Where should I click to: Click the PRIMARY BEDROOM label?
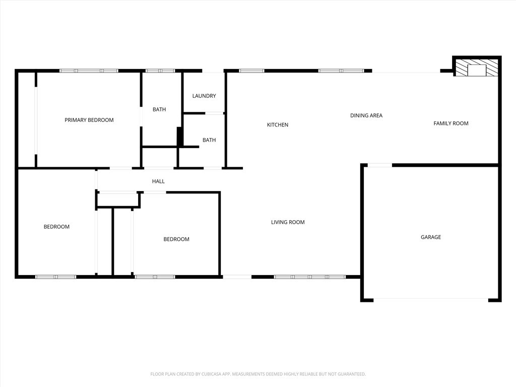(89, 120)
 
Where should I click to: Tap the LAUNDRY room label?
(204, 96)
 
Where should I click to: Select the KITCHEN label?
(278, 125)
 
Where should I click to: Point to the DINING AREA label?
(366, 115)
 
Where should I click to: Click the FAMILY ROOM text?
(451, 123)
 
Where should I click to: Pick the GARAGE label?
(431, 237)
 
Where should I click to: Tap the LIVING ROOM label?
(288, 222)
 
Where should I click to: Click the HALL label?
(158, 181)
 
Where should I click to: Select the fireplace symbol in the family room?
(476, 68)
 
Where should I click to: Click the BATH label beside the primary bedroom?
(159, 109)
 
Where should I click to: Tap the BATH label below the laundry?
(209, 140)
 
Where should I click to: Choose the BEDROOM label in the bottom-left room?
(56, 227)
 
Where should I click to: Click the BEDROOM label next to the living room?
(176, 239)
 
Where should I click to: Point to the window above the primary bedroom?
(89, 71)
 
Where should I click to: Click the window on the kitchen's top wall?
(251, 71)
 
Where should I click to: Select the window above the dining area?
(341, 71)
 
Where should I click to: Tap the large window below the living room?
(310, 277)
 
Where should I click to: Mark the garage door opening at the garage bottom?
(431, 299)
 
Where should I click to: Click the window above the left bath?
(160, 71)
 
